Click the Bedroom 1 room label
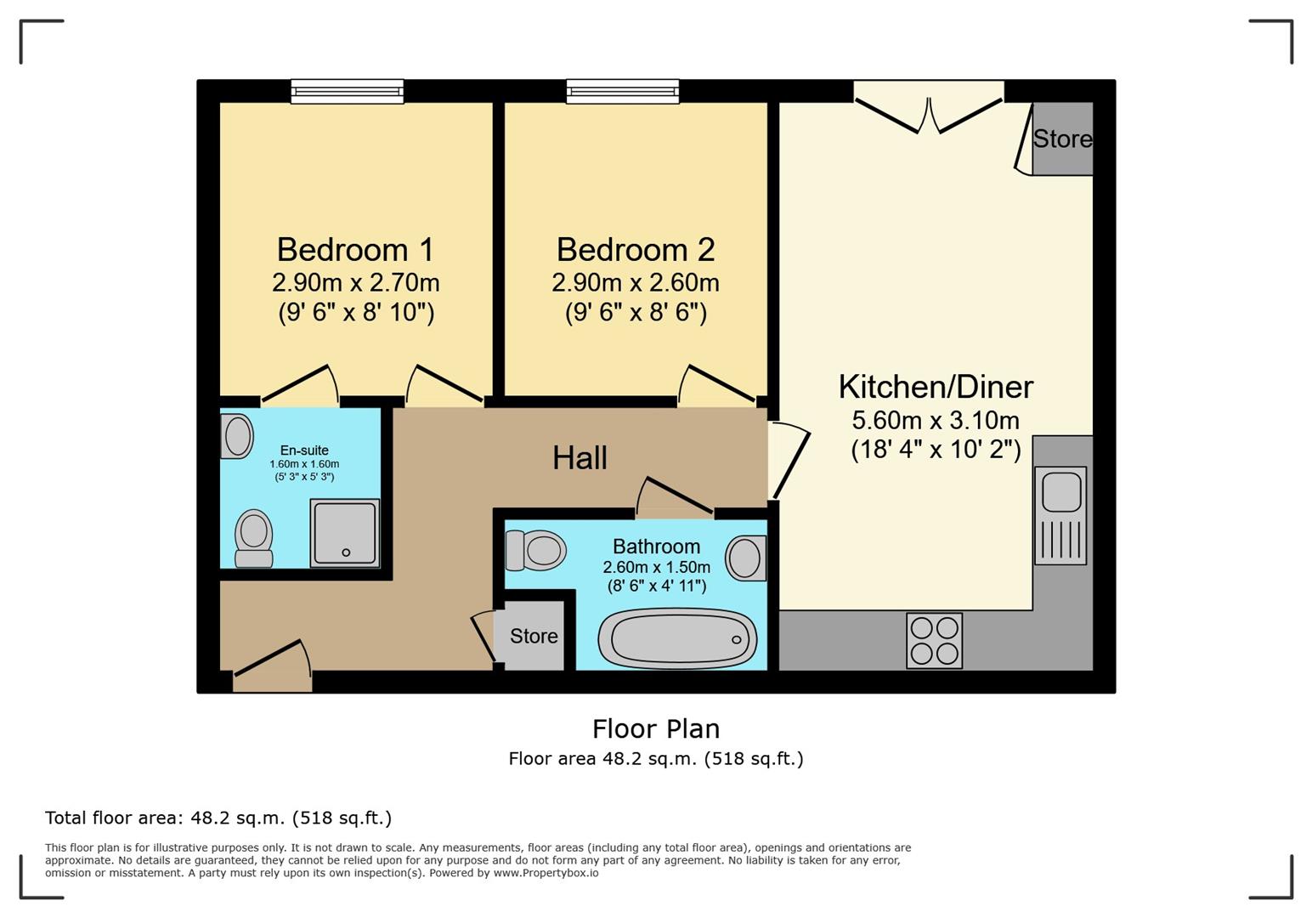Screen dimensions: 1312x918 pos(355,250)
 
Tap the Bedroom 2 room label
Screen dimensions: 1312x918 pos(636,250)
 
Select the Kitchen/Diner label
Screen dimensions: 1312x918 pos(936,388)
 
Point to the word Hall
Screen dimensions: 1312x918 pos(580,458)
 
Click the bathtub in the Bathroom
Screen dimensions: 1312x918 pos(678,638)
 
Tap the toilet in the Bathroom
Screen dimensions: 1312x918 pos(535,550)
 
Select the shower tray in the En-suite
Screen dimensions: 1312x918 pos(345,533)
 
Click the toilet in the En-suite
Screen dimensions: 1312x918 pos(253,538)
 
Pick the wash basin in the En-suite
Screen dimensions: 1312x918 pos(236,436)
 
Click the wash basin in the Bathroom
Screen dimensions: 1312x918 pos(745,558)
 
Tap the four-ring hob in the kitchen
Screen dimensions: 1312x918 pos(934,640)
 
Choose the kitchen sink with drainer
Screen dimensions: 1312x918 pos(1060,516)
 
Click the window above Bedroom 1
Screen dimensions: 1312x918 pos(348,92)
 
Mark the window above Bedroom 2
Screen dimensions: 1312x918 pos(623,92)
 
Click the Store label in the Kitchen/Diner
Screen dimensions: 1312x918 pos(1062,139)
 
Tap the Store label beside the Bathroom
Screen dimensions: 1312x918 pos(534,636)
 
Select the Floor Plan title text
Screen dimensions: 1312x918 pos(656,729)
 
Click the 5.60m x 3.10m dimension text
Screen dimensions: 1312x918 pos(936,421)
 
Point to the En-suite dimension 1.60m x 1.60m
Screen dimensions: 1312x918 pos(304,464)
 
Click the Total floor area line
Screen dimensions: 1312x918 pos(218,818)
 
